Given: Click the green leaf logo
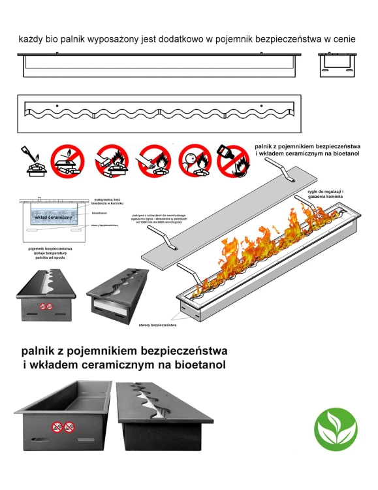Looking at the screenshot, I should pos(336,427).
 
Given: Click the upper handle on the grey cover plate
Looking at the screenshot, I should pos(282,171).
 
